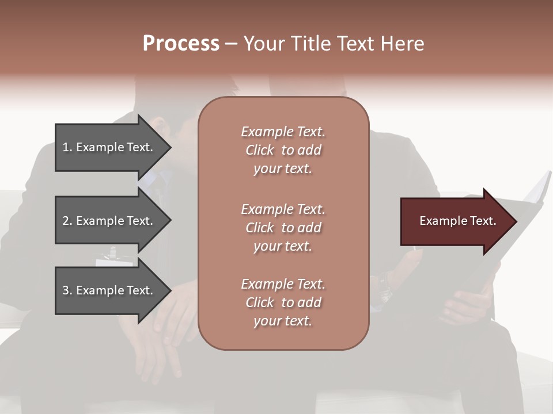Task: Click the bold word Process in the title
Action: coord(181,44)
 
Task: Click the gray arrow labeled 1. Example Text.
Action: coord(109,147)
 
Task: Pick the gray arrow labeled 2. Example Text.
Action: coord(109,221)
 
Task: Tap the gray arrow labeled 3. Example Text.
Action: coord(109,290)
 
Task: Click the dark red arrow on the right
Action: coord(455,221)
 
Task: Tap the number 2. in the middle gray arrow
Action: coord(67,221)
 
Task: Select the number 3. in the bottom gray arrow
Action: coord(67,290)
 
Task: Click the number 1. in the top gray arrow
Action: coord(67,147)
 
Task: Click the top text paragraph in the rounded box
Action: coord(283,150)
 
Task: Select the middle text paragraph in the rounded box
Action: coord(283,228)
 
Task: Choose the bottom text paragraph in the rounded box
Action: coord(283,302)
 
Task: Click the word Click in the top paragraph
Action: coord(260,150)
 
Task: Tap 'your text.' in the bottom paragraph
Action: coord(283,321)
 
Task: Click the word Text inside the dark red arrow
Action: coord(483,221)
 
